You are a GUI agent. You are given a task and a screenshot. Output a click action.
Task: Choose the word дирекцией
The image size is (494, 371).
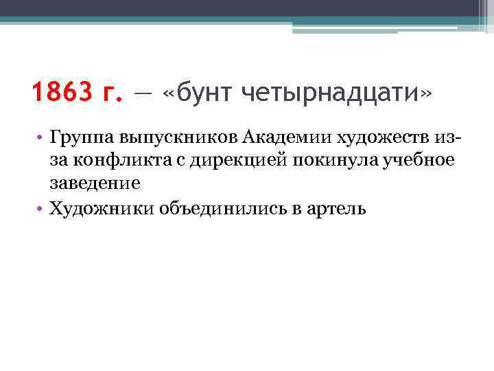click(231, 161)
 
